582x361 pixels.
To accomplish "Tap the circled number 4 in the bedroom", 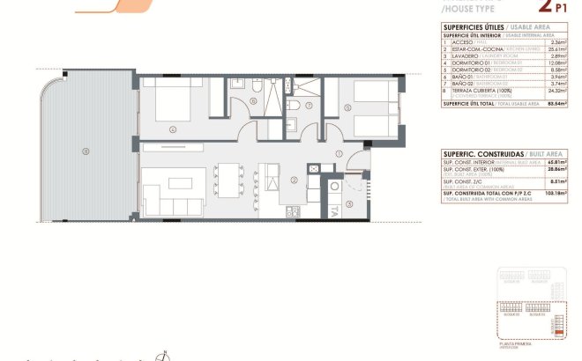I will [173, 129].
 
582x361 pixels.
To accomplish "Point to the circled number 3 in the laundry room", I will [348, 204].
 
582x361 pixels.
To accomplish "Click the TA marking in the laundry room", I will [335, 212].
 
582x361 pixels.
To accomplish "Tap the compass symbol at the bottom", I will [161, 356].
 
